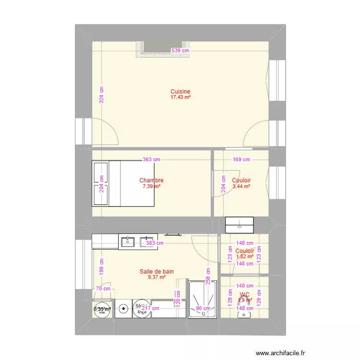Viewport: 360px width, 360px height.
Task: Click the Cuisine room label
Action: [x=180, y=92]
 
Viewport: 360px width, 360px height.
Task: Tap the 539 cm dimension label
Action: [x=180, y=50]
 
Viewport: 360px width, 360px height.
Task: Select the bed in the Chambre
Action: [x=123, y=183]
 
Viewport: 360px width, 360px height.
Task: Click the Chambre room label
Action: [x=151, y=180]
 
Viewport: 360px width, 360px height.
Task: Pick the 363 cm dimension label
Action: [x=151, y=160]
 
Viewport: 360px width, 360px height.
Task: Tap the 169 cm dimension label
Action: [x=241, y=160]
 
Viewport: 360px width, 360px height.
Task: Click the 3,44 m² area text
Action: [x=241, y=186]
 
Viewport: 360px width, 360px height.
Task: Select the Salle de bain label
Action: [x=156, y=271]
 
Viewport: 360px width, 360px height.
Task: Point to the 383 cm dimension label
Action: [x=155, y=243]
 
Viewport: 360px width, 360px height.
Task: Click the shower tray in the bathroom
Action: [x=203, y=299]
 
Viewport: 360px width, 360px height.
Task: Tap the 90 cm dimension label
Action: [x=203, y=309]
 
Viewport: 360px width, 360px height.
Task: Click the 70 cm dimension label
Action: [x=103, y=288]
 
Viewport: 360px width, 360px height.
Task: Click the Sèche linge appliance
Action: [x=141, y=309]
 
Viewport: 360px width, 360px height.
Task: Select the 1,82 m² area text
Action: [x=245, y=257]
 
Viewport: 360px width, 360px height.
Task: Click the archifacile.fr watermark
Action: [x=280, y=353]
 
